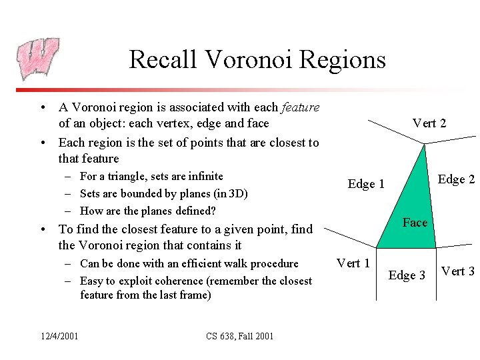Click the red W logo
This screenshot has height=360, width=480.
[37, 59]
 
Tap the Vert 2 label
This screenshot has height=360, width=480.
[429, 123]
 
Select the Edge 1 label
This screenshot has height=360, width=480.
[366, 184]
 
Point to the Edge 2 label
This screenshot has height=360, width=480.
[455, 179]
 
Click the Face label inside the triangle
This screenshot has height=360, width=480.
[415, 223]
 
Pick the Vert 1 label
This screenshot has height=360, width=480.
[353, 263]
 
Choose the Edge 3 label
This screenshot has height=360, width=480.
[407, 275]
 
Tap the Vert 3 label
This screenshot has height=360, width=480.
[458, 271]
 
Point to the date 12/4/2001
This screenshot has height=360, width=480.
[58, 335]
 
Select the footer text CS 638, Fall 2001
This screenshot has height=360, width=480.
[240, 335]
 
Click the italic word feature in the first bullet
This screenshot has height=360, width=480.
[301, 107]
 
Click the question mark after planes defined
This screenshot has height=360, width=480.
[213, 211]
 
